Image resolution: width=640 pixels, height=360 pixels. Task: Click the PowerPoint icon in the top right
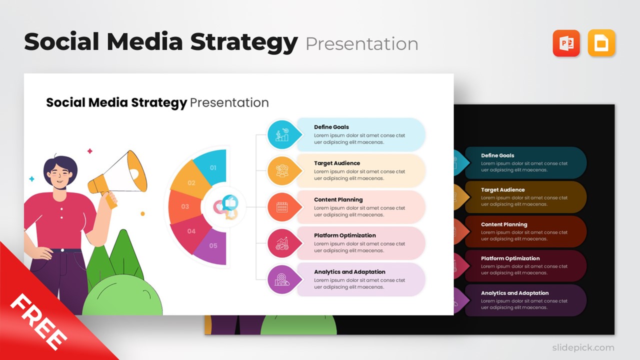click(x=566, y=43)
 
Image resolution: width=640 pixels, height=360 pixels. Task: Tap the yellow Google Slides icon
click(x=601, y=43)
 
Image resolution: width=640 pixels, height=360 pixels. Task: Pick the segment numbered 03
click(x=184, y=206)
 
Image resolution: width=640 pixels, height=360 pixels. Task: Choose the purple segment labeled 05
click(x=212, y=245)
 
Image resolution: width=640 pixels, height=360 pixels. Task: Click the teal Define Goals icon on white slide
click(x=282, y=134)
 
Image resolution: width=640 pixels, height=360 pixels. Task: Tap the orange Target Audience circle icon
click(x=282, y=171)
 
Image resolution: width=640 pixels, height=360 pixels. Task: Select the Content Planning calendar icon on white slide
click(x=282, y=207)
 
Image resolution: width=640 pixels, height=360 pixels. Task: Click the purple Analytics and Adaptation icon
click(x=282, y=279)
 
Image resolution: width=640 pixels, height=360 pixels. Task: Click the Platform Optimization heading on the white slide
click(x=344, y=235)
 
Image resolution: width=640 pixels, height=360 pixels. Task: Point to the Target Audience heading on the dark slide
click(x=502, y=190)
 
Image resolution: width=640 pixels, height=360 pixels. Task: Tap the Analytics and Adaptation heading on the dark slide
click(x=514, y=293)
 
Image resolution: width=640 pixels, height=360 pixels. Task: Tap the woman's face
click(x=60, y=175)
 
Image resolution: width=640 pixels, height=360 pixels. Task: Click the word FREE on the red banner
click(x=38, y=322)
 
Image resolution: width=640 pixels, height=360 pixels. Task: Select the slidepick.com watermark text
click(x=582, y=347)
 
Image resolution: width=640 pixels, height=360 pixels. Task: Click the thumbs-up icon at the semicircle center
click(x=230, y=202)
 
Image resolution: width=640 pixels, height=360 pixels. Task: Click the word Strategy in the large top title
click(x=244, y=42)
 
